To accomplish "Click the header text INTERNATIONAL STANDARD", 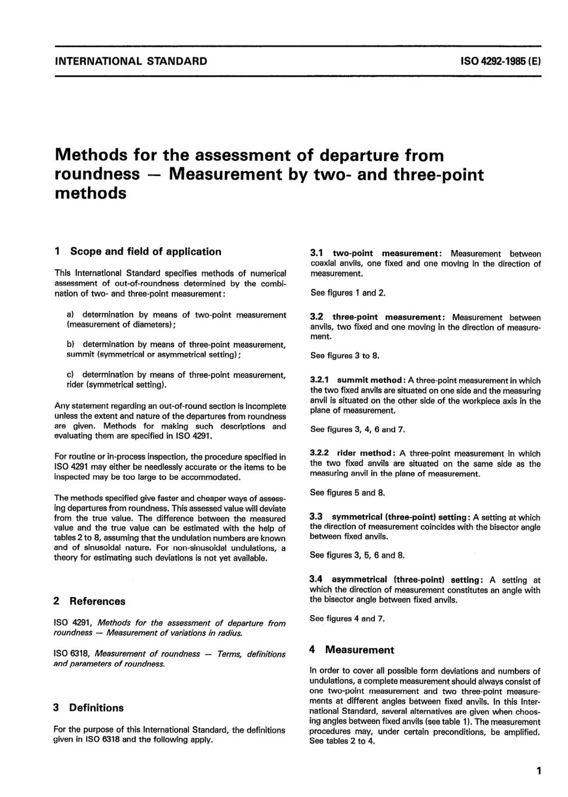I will pos(131,61).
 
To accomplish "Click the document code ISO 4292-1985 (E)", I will pos(500,61).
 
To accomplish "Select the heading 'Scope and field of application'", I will pos(145,252).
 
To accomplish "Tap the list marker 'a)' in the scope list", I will pos(71,315).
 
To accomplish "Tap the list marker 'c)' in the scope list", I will pos(71,375).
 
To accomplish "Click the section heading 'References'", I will pos(97,601).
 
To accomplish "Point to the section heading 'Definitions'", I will pos(96,708).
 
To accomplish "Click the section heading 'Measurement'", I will pos(359,650).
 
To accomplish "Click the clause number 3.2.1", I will pos(321,381).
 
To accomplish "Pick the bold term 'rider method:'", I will pos(365,454).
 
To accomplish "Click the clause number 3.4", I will pos(317,580).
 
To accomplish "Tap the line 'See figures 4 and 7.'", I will pos(347,619).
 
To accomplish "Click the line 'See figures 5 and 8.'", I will pos(347,493).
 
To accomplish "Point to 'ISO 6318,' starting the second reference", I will pos(72,654).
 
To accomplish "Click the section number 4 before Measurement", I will pos(313,650).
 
